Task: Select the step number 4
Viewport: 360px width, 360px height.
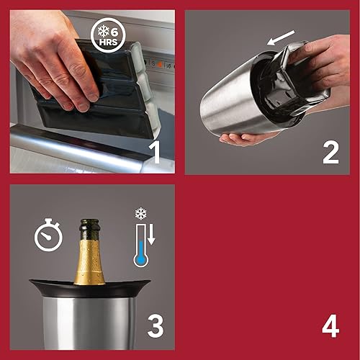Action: coord(330,325)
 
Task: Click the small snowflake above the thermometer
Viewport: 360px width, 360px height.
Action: coord(141,215)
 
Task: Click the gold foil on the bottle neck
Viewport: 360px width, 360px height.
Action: coord(91,259)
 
